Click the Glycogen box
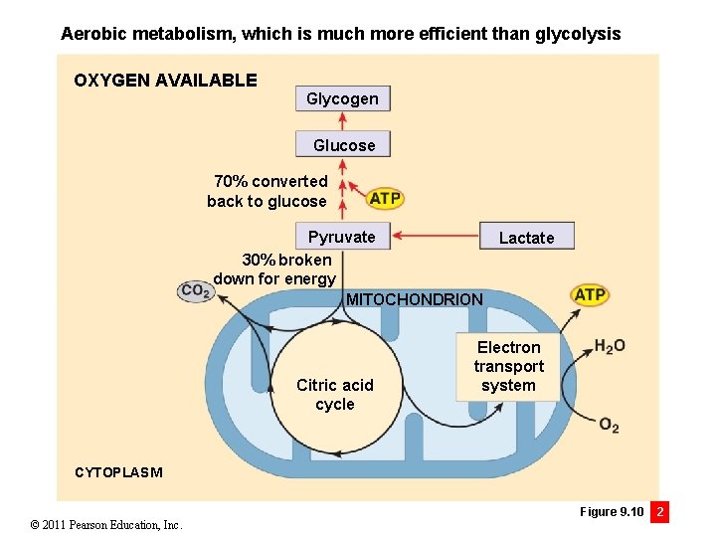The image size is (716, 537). [x=343, y=98]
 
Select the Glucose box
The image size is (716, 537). [x=343, y=145]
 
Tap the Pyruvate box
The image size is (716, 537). [x=341, y=237]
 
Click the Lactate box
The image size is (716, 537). [x=526, y=237]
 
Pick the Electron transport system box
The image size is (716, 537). [x=508, y=366]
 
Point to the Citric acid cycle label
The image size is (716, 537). [x=335, y=394]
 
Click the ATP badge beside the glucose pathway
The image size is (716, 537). [x=385, y=198]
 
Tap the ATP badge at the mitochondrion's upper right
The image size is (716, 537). [x=590, y=294]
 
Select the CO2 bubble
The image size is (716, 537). [x=195, y=290]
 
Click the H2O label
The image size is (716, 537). [x=610, y=346]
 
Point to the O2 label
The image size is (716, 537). [x=609, y=426]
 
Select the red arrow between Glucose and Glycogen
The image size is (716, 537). [x=343, y=121]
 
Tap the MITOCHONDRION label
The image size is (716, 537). [x=414, y=299]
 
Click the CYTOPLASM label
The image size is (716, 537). [x=118, y=472]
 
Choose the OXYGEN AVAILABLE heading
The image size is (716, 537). [x=165, y=81]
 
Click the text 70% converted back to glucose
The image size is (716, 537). [x=268, y=191]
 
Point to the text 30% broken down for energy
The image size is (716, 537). [x=275, y=268]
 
